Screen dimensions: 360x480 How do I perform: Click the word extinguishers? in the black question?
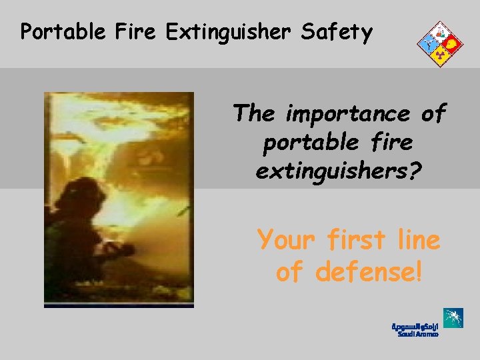[339, 172]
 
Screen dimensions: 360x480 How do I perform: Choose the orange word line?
[417, 239]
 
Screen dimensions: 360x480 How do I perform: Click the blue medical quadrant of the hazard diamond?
[427, 44]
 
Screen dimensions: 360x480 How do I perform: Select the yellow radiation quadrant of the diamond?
[439, 57]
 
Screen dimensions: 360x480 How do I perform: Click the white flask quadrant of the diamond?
[439, 31]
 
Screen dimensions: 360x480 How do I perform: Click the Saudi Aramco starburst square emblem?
[453, 318]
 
